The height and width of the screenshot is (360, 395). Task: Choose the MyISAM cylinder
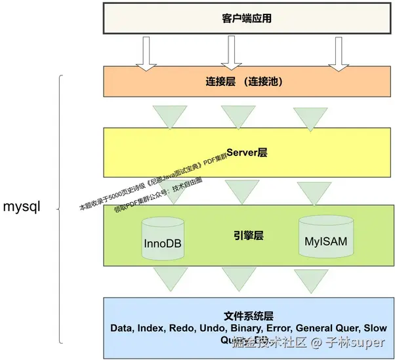tap(325, 236)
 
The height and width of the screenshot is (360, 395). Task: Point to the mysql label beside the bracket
tap(22, 207)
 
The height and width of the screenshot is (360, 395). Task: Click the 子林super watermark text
tap(356, 342)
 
